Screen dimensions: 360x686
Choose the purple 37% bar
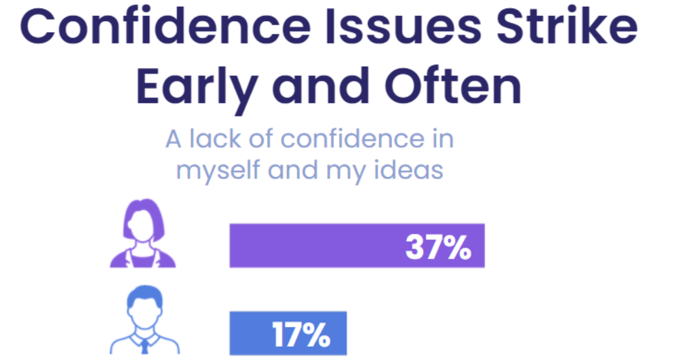tap(314, 246)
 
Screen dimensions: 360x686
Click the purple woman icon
tap(143, 234)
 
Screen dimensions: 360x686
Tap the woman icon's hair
tap(143, 209)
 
